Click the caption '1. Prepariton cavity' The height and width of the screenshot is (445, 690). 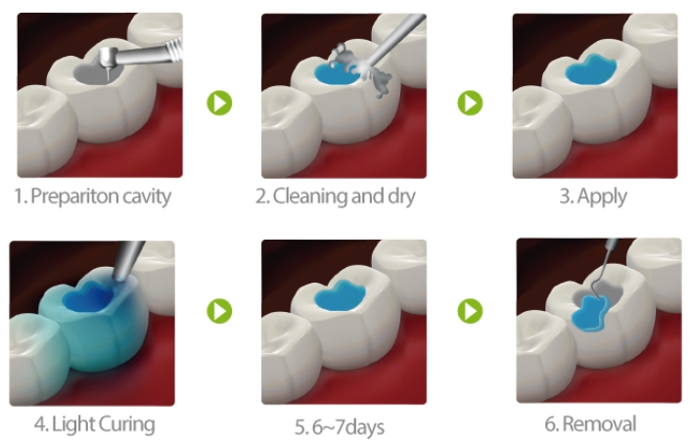[x=92, y=197]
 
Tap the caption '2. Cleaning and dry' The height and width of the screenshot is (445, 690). [x=336, y=197]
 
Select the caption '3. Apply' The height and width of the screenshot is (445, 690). [x=593, y=197]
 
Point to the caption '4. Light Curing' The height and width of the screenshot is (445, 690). [x=95, y=424]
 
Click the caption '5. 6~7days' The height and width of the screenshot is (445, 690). [x=340, y=427]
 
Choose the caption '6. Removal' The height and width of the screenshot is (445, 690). [x=590, y=424]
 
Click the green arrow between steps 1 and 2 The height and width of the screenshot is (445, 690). [x=219, y=103]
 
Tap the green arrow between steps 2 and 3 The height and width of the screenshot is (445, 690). [x=470, y=103]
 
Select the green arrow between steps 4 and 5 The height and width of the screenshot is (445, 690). [x=219, y=311]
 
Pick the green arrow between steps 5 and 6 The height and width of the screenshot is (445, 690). [x=470, y=311]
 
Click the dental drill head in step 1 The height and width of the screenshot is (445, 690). [x=108, y=57]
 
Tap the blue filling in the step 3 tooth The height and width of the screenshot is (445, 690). [x=590, y=69]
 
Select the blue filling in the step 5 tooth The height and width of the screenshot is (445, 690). [x=340, y=295]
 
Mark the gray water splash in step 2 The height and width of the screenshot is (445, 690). [x=362, y=68]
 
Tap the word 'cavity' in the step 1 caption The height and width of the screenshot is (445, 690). [x=147, y=197]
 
